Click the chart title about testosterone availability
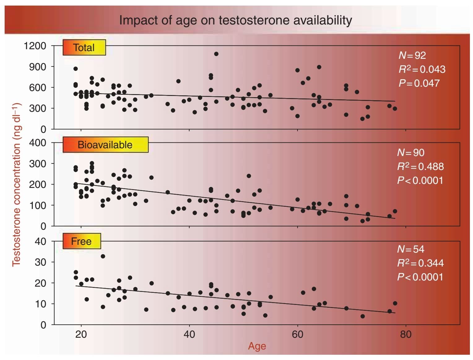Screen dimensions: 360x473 click(236, 20)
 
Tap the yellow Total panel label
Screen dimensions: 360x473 click(84, 48)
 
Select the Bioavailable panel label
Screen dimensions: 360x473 click(105, 145)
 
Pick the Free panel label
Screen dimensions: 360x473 click(81, 241)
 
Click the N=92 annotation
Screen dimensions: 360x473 click(412, 55)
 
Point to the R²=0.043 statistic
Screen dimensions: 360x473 click(422, 69)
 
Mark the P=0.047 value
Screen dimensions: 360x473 click(419, 83)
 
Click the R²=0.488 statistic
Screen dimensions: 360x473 click(420, 167)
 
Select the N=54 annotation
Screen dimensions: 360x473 click(410, 249)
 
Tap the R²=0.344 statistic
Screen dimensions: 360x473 click(420, 263)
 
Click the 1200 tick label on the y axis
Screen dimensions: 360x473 click(35, 46)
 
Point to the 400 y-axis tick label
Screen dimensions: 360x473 click(38, 143)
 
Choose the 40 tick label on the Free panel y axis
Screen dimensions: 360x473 click(40, 241)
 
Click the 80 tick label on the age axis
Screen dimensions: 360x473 click(406, 334)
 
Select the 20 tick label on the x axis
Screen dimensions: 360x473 click(81, 334)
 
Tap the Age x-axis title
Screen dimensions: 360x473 click(257, 346)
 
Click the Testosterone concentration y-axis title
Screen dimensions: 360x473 click(16, 184)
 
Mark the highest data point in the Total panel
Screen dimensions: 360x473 click(216, 54)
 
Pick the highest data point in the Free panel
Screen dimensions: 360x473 click(103, 256)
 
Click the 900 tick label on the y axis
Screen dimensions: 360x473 click(38, 67)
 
